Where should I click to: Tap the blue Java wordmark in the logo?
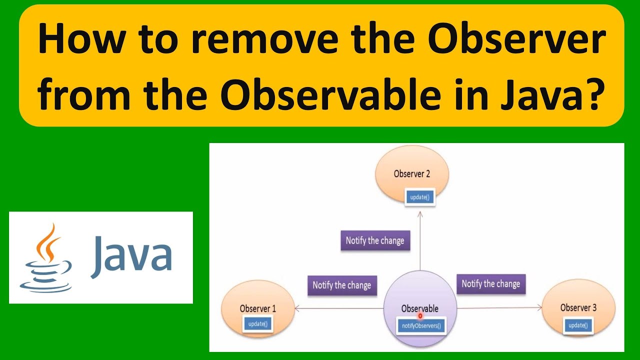[x=131, y=257]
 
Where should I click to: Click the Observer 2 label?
[x=412, y=174]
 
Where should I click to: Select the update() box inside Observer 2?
[x=419, y=197]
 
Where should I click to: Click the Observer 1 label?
[x=257, y=308]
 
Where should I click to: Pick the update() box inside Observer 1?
[x=258, y=323]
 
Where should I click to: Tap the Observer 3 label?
[x=578, y=307]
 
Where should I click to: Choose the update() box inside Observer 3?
[x=577, y=325]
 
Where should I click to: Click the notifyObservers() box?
[x=421, y=326]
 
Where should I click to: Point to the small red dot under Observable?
[x=420, y=315]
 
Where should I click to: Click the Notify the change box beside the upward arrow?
[x=375, y=240]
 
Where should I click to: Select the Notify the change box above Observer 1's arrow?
[x=342, y=285]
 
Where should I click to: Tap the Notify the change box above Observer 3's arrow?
[x=491, y=283]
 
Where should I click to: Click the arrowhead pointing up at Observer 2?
[x=420, y=213]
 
